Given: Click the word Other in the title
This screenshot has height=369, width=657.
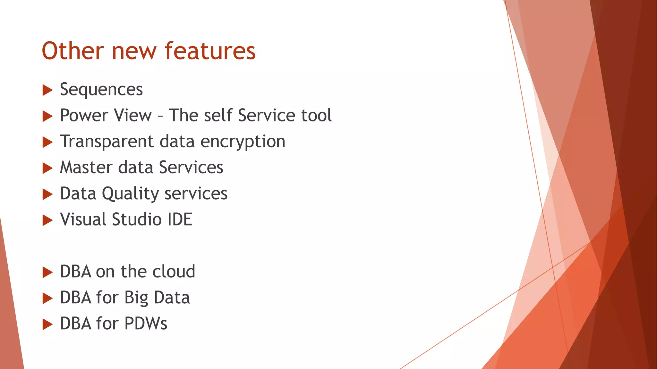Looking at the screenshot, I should (x=73, y=51).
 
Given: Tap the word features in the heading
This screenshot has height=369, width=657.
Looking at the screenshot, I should (x=210, y=51).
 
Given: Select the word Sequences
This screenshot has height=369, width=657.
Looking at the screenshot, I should (x=101, y=89).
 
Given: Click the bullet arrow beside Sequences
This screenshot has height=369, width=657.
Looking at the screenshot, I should (x=47, y=90).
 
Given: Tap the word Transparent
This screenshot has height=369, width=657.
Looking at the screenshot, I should (x=107, y=142).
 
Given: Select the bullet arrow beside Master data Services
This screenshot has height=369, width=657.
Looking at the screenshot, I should (x=47, y=168).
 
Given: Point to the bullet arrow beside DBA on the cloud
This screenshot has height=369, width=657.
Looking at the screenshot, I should (x=47, y=273).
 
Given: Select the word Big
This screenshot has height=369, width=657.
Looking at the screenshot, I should (x=136, y=298).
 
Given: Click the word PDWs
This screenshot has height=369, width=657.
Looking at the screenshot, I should (x=146, y=324).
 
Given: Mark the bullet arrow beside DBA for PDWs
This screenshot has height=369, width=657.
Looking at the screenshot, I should (x=47, y=324).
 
